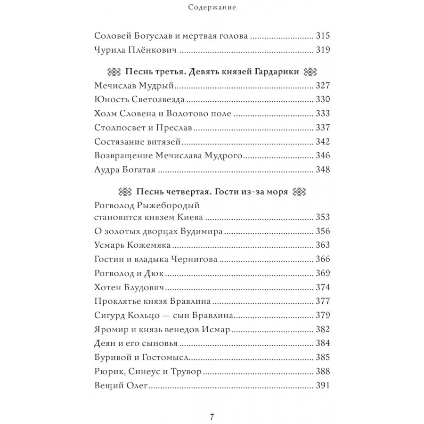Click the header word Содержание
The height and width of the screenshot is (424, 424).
click(x=212, y=7)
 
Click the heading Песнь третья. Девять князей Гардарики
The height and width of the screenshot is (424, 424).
click(x=212, y=72)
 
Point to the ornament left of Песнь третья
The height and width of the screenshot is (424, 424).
click(x=114, y=72)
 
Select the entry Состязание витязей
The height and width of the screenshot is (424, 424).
click(x=138, y=142)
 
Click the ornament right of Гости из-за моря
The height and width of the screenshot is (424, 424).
click(x=300, y=192)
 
